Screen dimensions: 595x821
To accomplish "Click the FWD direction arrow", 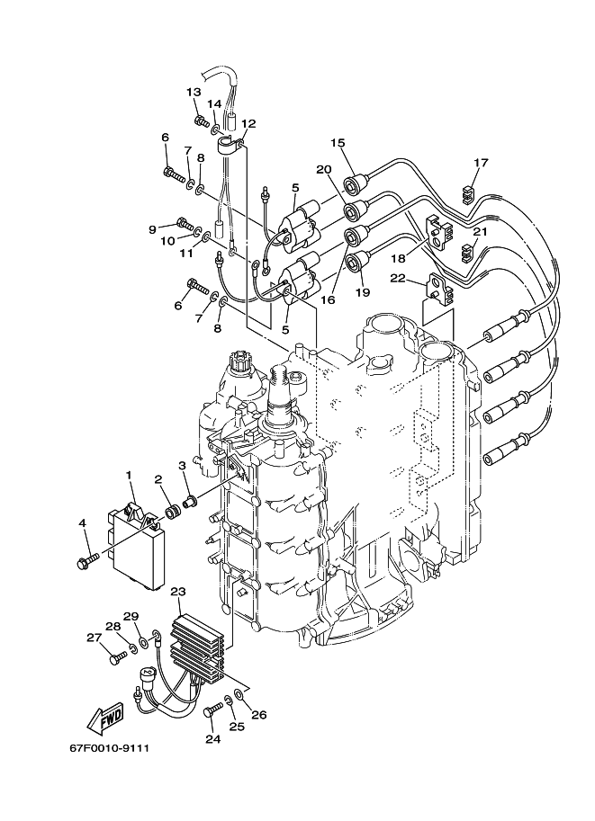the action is coord(106,717).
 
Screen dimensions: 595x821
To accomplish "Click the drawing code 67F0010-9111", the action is coord(110,747).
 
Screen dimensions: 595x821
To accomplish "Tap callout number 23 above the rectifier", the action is coord(178,592).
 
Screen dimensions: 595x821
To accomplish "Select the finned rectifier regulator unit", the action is coord(198,648).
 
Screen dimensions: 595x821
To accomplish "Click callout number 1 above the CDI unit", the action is coord(128,475).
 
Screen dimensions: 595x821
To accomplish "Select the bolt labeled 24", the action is coord(212,710).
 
